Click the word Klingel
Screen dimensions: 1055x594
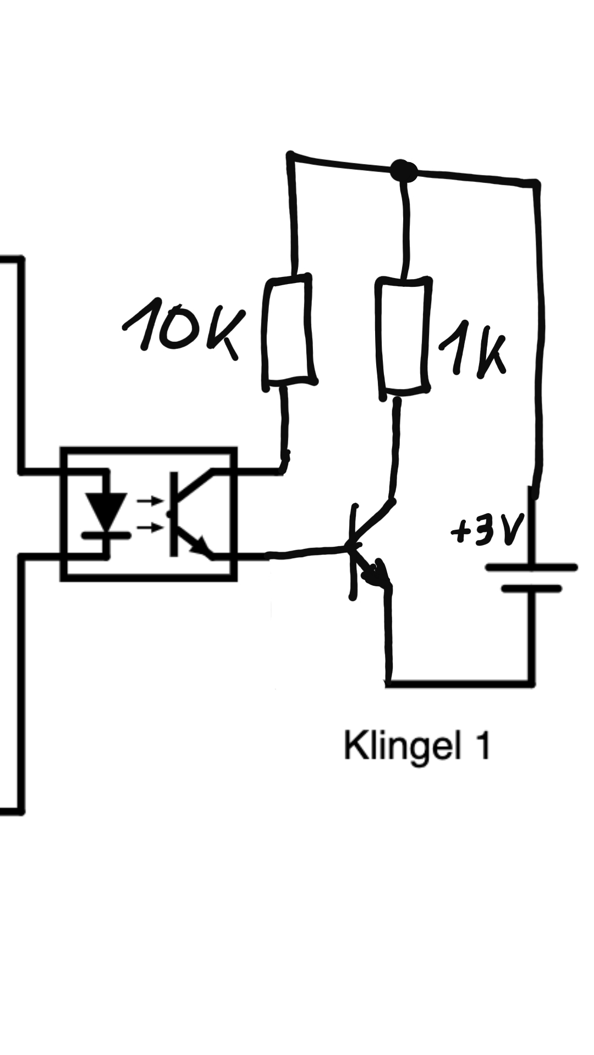[x=402, y=746]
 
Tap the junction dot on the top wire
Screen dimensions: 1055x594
[x=404, y=170]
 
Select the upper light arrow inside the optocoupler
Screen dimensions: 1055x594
[x=149, y=501]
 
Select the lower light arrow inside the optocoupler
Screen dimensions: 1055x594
[x=149, y=527]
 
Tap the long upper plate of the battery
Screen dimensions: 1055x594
[x=531, y=568]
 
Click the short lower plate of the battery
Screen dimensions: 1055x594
[x=531, y=588]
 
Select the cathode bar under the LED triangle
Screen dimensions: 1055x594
[x=106, y=534]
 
